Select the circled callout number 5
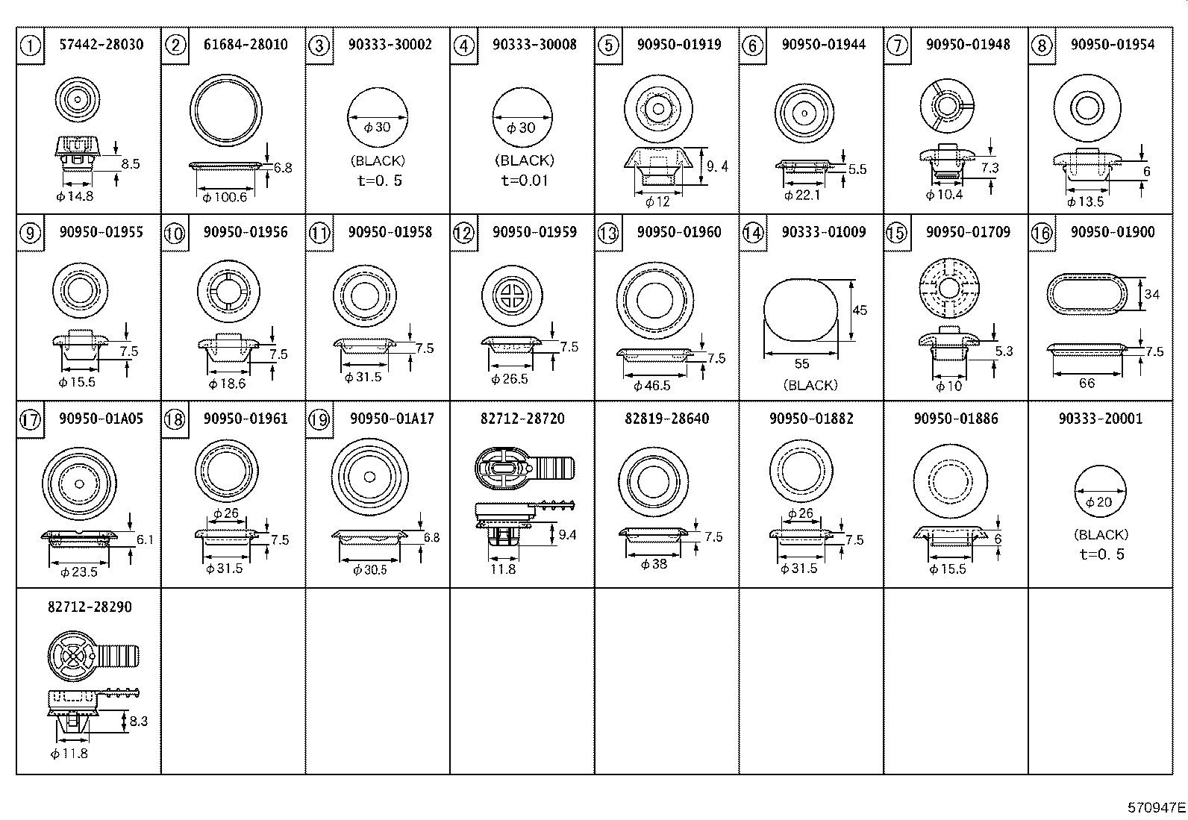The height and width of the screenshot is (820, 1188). (608, 46)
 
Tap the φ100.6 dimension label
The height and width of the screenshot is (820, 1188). (224, 197)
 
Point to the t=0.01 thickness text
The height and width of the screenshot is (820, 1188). (524, 181)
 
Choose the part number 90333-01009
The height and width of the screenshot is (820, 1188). (824, 232)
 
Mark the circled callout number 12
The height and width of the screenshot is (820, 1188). (463, 234)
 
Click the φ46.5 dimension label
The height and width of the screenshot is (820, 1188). (651, 386)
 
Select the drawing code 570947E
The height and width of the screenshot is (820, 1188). (1156, 807)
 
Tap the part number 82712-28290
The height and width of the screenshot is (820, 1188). (90, 607)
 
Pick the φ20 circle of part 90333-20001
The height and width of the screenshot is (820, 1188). (1100, 492)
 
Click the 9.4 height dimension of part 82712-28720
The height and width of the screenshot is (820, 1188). (567, 535)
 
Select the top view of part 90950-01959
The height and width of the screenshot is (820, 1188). (510, 295)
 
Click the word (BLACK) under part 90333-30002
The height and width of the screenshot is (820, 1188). (378, 161)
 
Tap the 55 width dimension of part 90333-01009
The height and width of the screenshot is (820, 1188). (801, 364)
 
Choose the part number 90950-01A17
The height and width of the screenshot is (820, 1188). (392, 419)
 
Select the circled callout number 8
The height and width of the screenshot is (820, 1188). (1042, 46)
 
